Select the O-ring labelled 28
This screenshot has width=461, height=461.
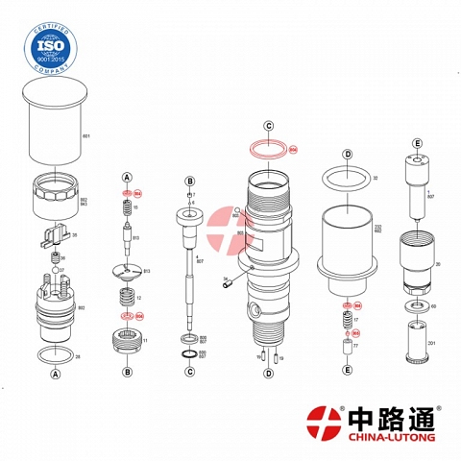click(55, 356)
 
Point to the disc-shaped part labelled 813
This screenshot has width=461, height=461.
click(127, 271)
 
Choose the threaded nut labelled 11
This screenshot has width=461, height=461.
click(127, 339)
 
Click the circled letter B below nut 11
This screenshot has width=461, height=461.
click(127, 372)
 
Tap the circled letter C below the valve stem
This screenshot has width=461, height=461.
click(190, 372)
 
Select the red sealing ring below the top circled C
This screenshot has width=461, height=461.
click(270, 150)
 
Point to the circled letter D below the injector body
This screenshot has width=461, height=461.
click(270, 372)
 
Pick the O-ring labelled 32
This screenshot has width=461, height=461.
click(348, 177)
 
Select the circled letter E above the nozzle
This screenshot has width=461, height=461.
click(418, 142)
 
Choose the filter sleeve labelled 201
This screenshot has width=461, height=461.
click(418, 342)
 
